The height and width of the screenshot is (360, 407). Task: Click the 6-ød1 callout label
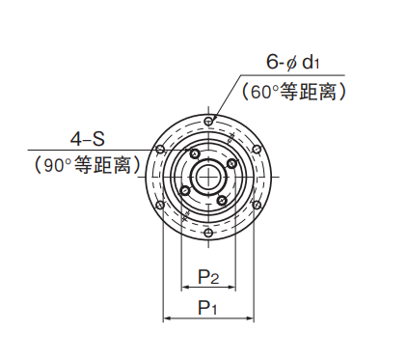292,62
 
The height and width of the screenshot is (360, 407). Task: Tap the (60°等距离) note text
294,92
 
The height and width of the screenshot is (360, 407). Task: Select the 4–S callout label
88,139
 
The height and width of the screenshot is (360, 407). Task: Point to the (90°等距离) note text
87,165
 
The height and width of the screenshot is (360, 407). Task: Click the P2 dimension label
208,277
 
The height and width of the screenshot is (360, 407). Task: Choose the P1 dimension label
207,308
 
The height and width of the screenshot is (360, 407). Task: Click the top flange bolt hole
208,122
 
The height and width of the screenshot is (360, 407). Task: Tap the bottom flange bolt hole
208,233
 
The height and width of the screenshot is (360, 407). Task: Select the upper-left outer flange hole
160,150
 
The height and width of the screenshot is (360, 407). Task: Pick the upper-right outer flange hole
257,150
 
